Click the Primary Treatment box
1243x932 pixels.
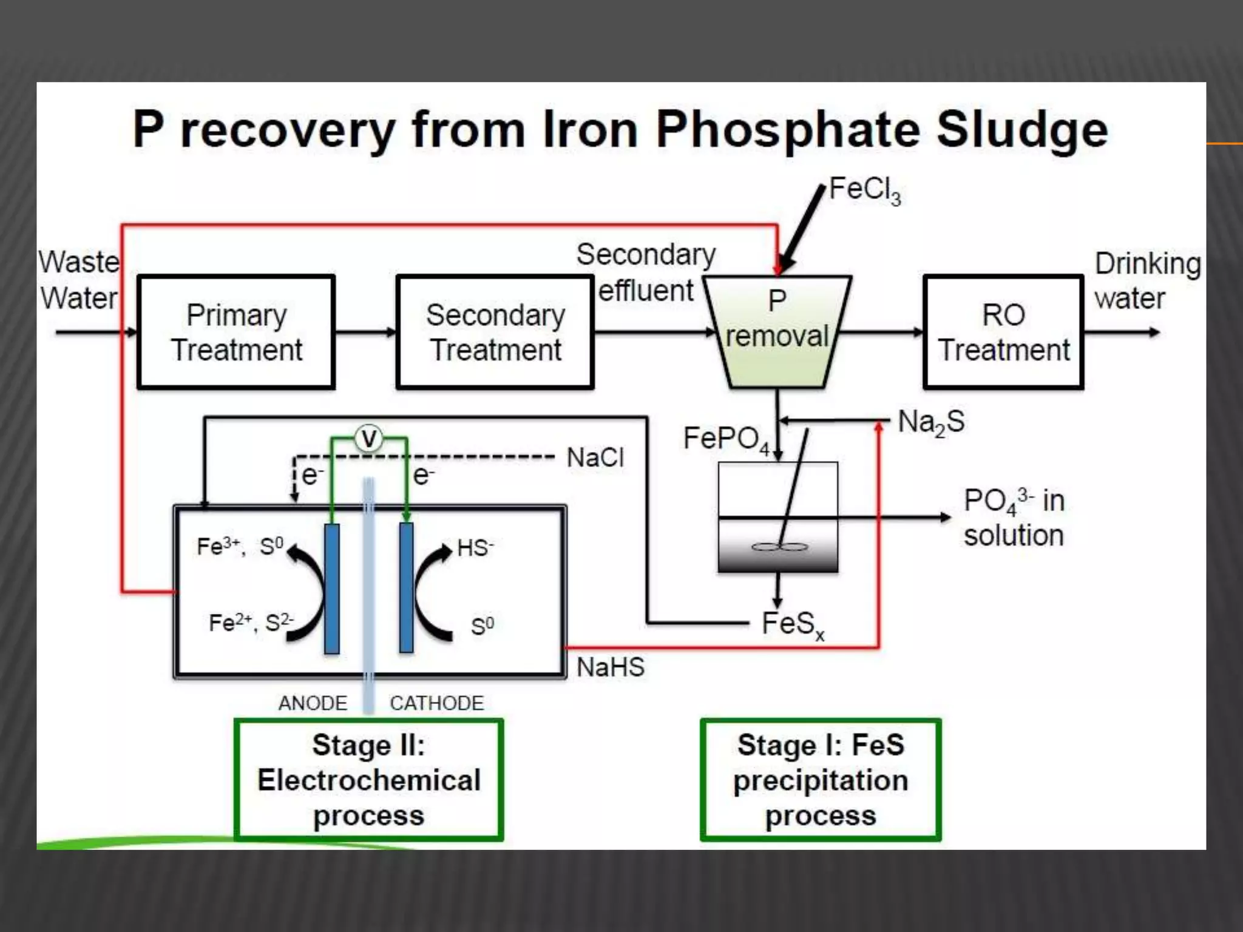coord(236,332)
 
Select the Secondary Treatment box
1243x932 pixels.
coord(495,332)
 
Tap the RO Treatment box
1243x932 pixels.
coord(1003,332)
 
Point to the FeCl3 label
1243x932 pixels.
coord(864,190)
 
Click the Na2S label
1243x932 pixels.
coord(930,422)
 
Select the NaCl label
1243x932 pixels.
coord(595,458)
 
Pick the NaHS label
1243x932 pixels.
coord(610,667)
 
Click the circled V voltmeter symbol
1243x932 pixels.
coord(369,438)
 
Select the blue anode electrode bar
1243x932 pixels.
coord(331,588)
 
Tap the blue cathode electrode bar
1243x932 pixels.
coord(406,588)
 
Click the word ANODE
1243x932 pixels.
coord(313,703)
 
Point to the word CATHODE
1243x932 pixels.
coord(436,703)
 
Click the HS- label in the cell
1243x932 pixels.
coord(475,548)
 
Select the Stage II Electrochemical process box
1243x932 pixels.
coord(368,780)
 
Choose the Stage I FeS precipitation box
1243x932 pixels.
coord(821,780)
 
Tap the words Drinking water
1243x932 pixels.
coord(1146,281)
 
